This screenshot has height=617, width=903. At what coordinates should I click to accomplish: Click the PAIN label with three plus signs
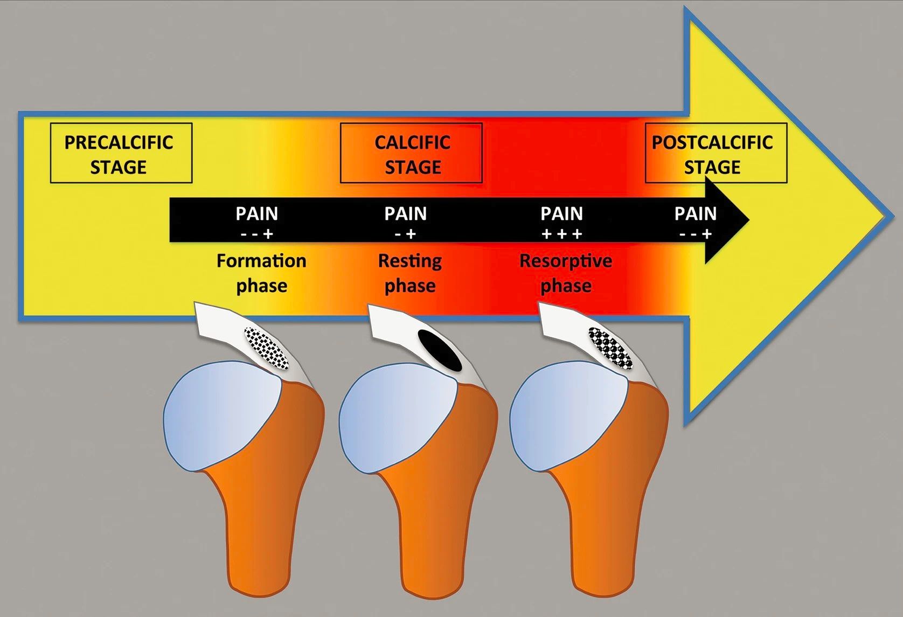[x=561, y=214]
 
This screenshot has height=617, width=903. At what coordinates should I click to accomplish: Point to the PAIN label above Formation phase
[x=257, y=214]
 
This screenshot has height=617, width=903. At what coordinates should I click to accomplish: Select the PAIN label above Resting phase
[x=406, y=214]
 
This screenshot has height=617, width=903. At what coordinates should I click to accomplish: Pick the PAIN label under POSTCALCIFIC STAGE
[x=696, y=214]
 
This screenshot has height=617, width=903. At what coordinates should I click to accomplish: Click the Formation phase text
[x=262, y=273]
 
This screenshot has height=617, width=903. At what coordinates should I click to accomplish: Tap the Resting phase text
[x=410, y=273]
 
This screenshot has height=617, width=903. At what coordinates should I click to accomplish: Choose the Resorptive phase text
[x=566, y=273]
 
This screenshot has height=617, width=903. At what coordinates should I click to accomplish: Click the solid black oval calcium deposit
[x=440, y=351]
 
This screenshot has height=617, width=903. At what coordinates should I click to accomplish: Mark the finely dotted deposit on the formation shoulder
[x=267, y=349]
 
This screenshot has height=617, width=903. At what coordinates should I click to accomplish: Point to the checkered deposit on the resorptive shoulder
[x=610, y=349]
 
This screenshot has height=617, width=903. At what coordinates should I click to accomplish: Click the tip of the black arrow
[x=749, y=220]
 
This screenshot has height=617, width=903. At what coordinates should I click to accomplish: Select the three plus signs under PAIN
[x=561, y=234]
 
